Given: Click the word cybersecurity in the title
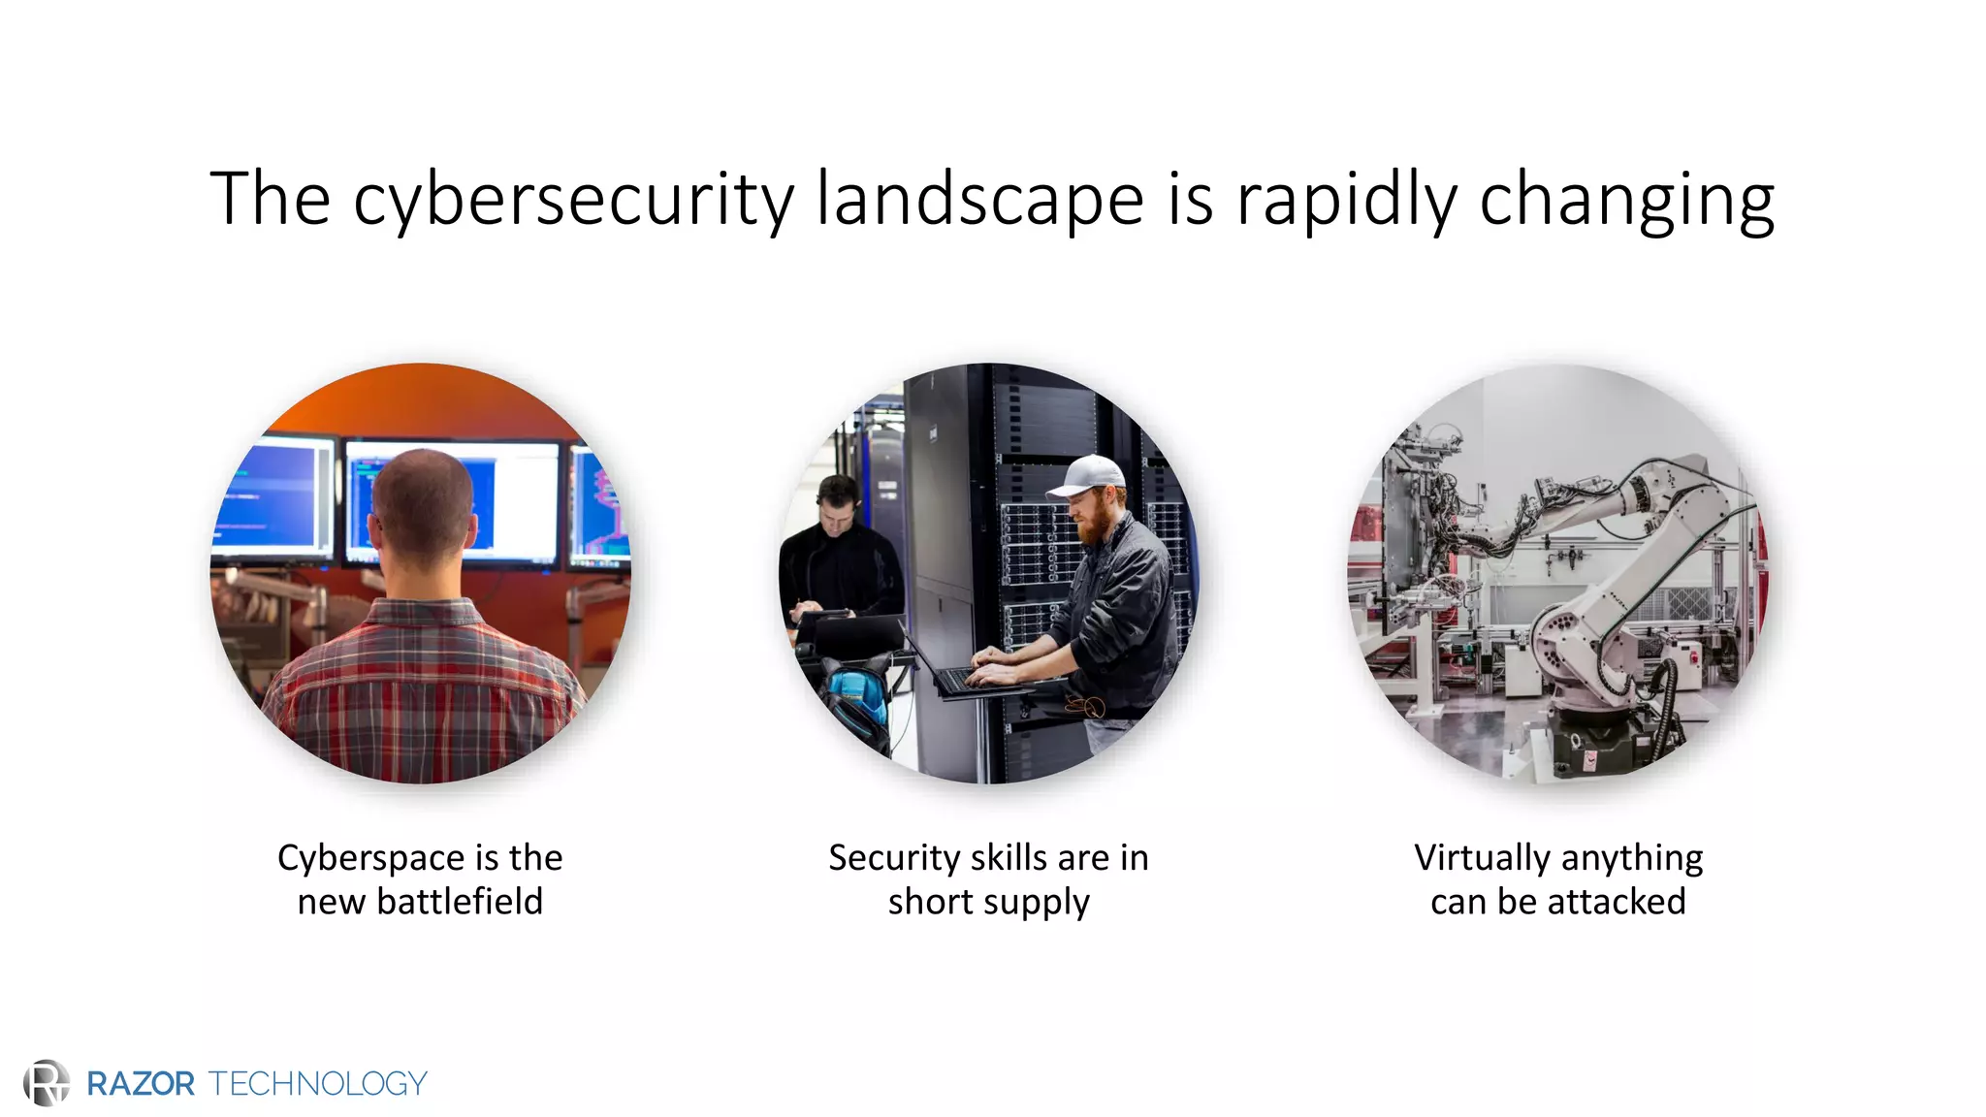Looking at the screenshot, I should [572, 200].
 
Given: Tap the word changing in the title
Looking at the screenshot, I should [1626, 200].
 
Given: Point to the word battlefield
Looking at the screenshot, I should [460, 902].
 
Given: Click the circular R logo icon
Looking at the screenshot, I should [47, 1082].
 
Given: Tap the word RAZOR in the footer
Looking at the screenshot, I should [141, 1083].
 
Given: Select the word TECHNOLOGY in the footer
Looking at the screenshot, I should [317, 1083].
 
